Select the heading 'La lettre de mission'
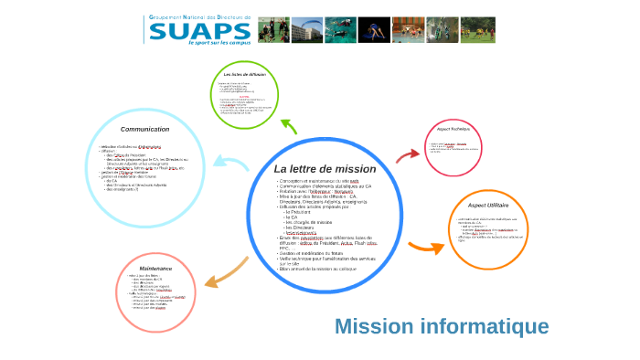pos(325,169)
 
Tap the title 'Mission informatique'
pos(442,326)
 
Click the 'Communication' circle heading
pos(145,130)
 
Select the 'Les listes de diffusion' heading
pos(244,73)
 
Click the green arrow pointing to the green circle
pos(288,125)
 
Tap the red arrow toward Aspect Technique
pos(408,154)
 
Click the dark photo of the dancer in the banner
pos(373,30)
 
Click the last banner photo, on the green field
pos(478,30)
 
